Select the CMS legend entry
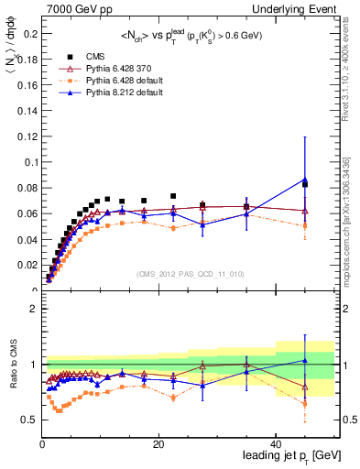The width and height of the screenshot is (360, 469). coord(93,57)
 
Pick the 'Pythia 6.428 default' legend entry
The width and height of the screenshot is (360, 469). coord(119,81)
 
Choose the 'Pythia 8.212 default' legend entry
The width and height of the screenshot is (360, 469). coord(119,93)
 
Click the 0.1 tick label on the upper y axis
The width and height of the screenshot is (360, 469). coord(29,162)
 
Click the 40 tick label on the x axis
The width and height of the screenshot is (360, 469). coord(277,444)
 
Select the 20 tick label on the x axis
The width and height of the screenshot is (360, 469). coord(159,444)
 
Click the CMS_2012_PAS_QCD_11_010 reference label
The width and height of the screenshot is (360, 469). coord(190,274)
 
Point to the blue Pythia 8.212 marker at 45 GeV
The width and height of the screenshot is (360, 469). coord(305,179)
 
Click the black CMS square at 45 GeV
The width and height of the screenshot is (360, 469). coord(305,184)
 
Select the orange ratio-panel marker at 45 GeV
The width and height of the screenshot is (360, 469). coord(305,403)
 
